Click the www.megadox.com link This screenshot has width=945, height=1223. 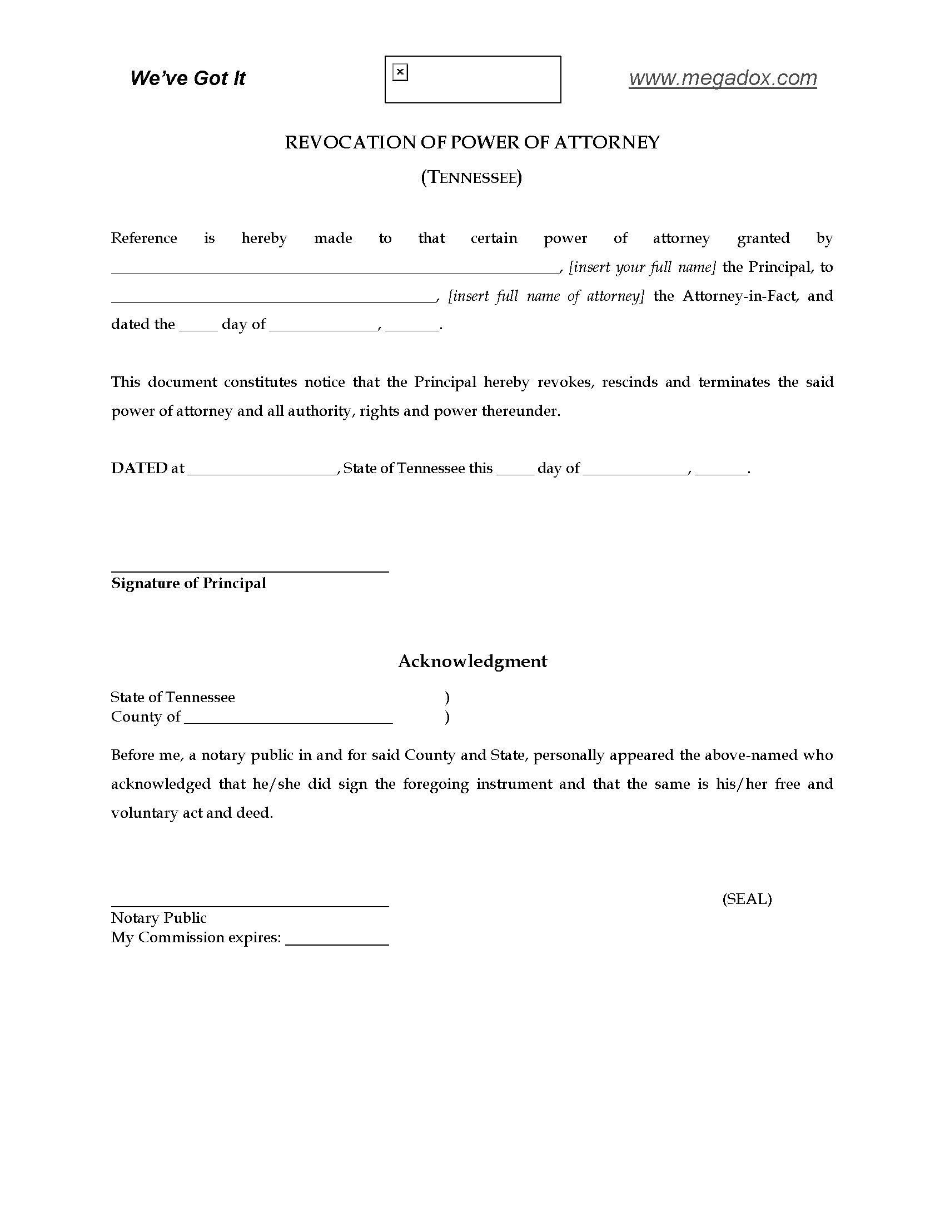point(722,78)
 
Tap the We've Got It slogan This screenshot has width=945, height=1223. point(187,78)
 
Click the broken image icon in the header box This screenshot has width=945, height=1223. point(400,72)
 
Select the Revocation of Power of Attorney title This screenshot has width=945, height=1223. point(472,142)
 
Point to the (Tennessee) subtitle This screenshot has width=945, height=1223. point(471,177)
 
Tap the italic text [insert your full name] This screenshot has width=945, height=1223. point(642,267)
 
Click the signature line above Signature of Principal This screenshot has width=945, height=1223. point(250,571)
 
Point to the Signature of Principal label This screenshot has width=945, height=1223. point(188,584)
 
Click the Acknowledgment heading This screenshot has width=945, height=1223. point(472,662)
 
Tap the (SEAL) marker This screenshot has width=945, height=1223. point(747,899)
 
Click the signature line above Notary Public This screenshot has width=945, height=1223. point(250,906)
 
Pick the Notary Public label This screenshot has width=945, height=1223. point(159,918)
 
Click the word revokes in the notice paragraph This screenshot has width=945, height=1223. point(565,382)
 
